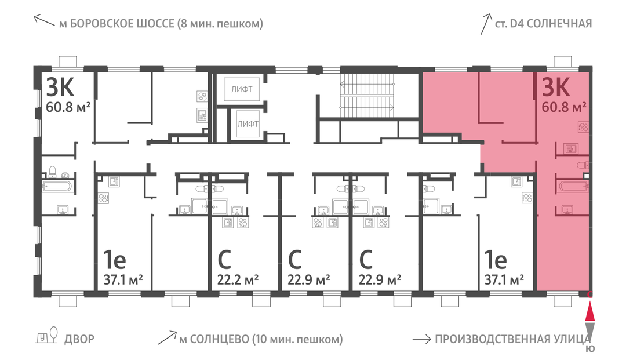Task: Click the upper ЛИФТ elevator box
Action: [x=242, y=89]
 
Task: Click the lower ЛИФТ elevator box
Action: [x=248, y=124]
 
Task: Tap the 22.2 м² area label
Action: [x=238, y=279]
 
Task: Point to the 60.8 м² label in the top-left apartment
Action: [x=68, y=107]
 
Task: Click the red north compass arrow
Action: [x=589, y=312]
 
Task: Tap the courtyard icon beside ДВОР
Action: [x=47, y=335]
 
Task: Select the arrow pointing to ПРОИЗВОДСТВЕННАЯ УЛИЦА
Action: [x=421, y=340]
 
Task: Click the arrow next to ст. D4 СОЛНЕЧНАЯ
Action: [x=486, y=24]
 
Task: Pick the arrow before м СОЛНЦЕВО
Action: [x=167, y=337]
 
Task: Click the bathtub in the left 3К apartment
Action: [x=57, y=186]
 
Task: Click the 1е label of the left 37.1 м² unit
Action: [x=115, y=260]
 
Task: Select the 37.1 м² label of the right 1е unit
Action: [x=504, y=279]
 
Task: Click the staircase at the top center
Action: [x=367, y=96]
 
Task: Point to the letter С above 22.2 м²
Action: [x=224, y=260]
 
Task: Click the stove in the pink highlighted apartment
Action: [x=583, y=128]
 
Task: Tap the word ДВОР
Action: [x=79, y=339]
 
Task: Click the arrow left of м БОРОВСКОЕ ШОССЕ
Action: [x=44, y=20]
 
